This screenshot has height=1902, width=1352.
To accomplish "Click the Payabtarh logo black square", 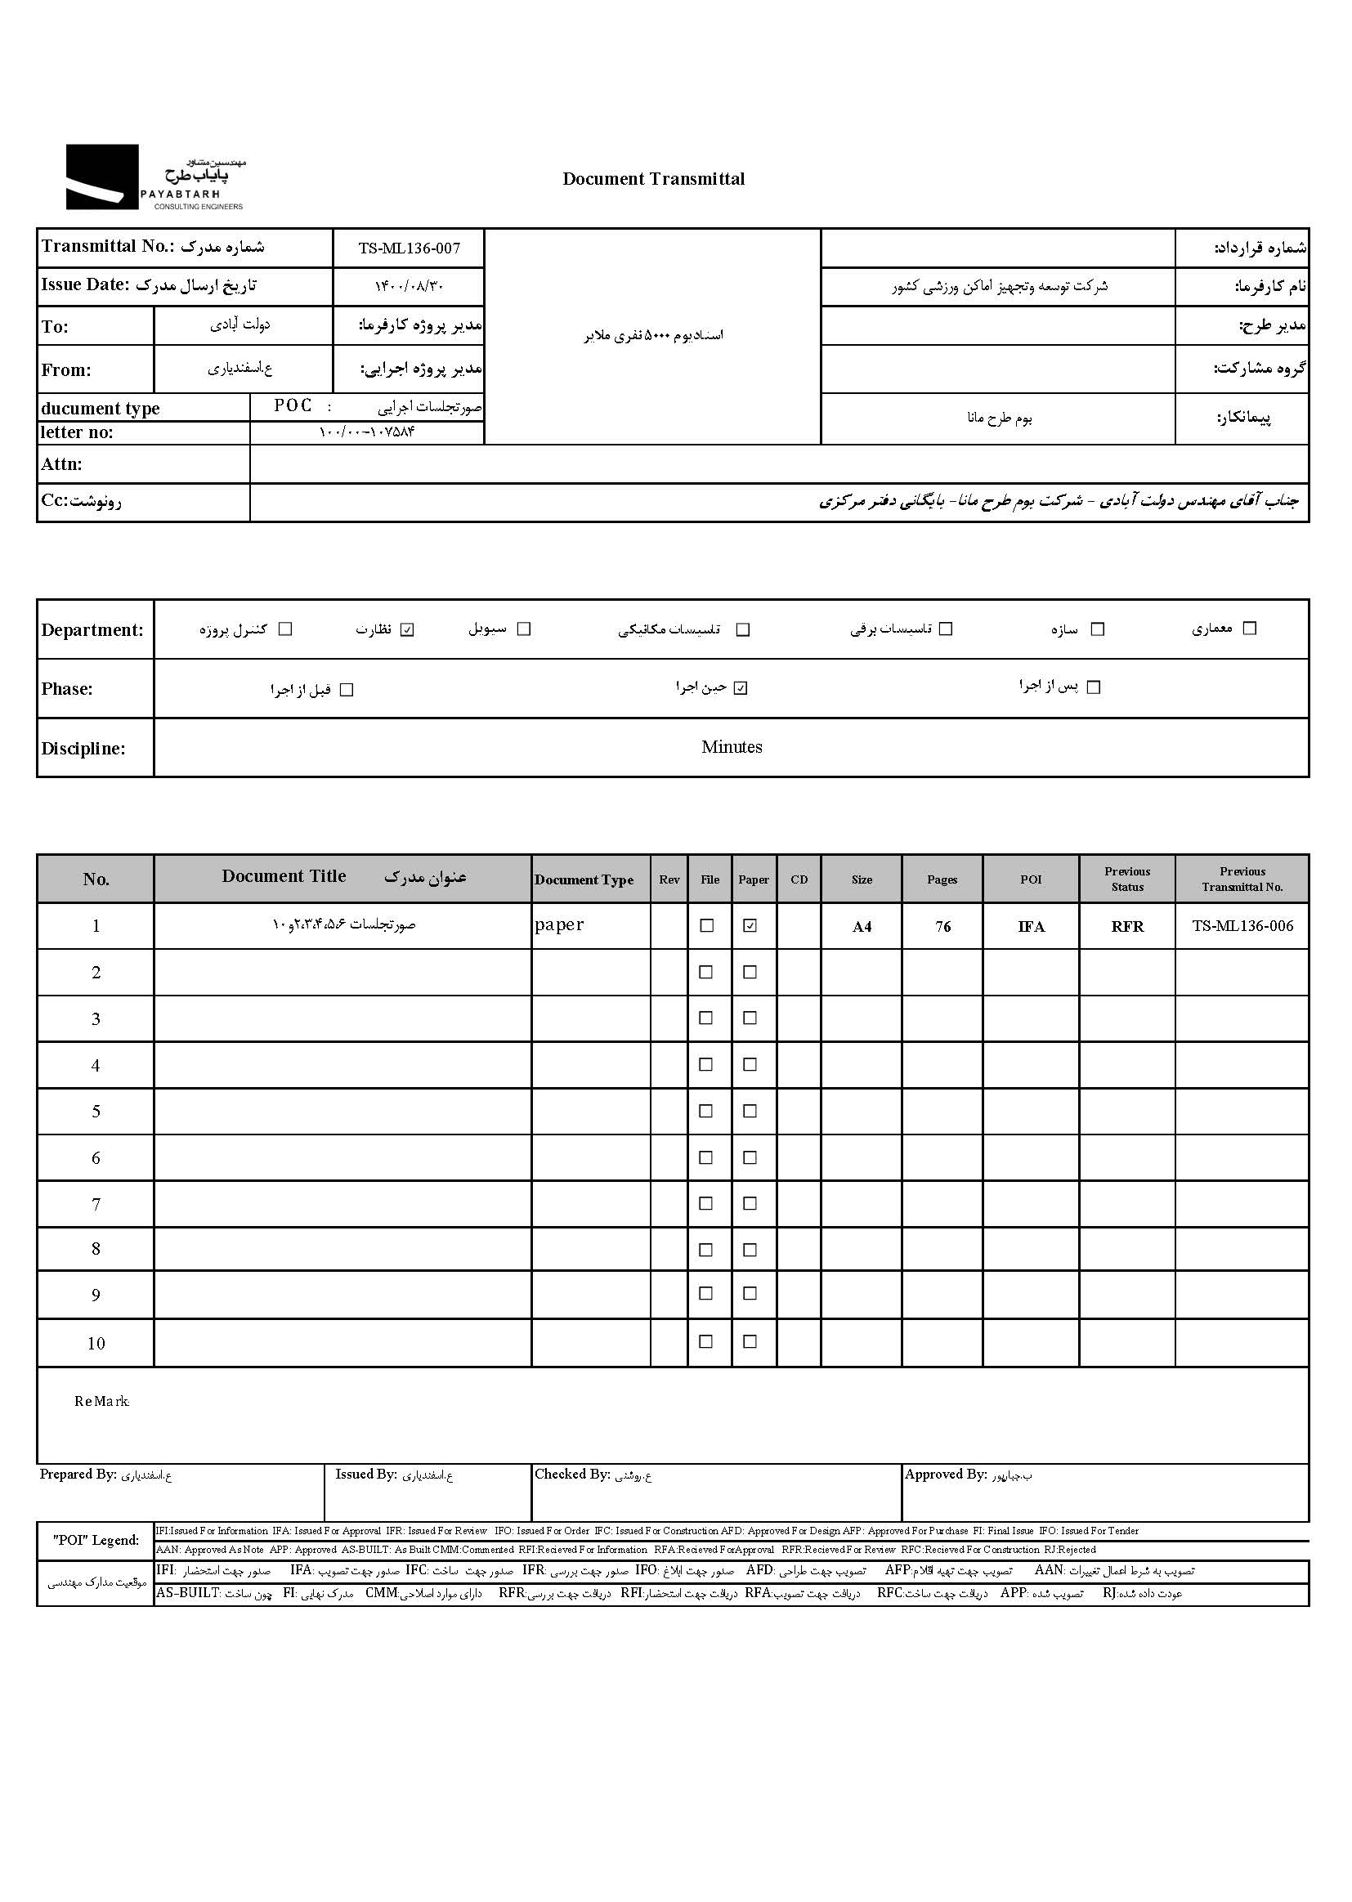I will pyautogui.click(x=101, y=177).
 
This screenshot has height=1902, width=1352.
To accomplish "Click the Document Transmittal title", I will pyautogui.click(x=654, y=179).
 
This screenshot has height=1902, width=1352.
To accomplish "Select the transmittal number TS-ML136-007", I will pyautogui.click(x=409, y=248).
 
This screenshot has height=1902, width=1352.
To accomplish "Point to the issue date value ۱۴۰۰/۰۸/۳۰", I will pyautogui.click(x=409, y=286).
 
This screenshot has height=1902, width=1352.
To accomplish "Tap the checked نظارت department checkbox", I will pyautogui.click(x=407, y=629).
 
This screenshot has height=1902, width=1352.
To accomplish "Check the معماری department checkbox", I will pyautogui.click(x=1249, y=629).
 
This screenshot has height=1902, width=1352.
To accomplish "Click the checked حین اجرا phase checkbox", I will pyautogui.click(x=741, y=688).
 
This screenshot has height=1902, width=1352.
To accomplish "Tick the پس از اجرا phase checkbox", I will pyautogui.click(x=1094, y=687).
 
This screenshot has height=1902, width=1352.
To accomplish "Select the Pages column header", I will pyautogui.click(x=942, y=879).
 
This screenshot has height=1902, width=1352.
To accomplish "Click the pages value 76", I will pyautogui.click(x=942, y=926).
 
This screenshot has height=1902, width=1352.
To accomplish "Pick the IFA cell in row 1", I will pyautogui.click(x=1031, y=926).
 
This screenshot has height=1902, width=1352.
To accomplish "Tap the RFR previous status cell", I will pyautogui.click(x=1127, y=926).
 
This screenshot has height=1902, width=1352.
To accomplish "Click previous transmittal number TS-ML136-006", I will pyautogui.click(x=1242, y=925).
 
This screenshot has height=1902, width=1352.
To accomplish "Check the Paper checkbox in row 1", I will pyautogui.click(x=750, y=925).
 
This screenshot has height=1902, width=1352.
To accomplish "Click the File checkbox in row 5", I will pyautogui.click(x=706, y=1112).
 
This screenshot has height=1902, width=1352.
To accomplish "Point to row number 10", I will pyautogui.click(x=96, y=1344).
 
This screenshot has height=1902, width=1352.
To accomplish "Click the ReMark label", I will pyautogui.click(x=101, y=1402).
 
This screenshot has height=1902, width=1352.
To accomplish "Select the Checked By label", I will pyautogui.click(x=572, y=1475).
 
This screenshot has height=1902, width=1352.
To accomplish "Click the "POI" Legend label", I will pyautogui.click(x=96, y=1540).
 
